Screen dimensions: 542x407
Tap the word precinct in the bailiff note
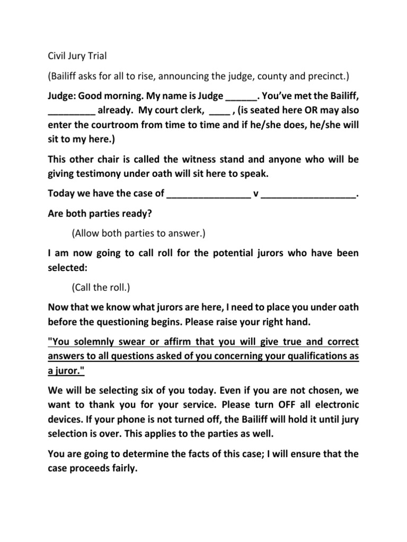328,77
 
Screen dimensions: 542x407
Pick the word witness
193,159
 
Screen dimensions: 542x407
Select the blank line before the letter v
208,195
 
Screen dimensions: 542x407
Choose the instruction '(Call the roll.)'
101,287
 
